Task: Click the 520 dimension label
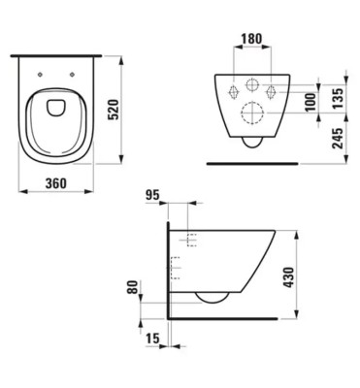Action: tap(114, 110)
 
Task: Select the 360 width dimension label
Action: tap(56, 183)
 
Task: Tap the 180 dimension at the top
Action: tap(251, 39)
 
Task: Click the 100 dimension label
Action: tap(311, 102)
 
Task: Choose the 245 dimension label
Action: tap(338, 139)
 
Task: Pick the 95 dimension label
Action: tap(152, 195)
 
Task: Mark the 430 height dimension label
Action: tap(288, 277)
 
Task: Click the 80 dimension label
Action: tap(132, 287)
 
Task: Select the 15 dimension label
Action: tap(152, 339)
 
